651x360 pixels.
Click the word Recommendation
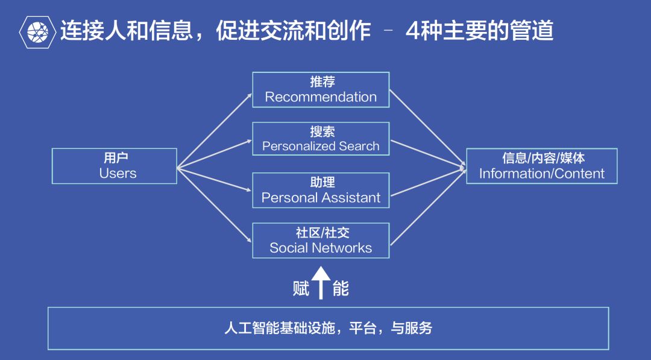pos(321,97)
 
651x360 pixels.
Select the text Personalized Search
pos(321,146)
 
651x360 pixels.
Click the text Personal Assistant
pos(321,198)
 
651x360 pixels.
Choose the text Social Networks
pos(321,248)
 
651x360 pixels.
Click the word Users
pos(118,174)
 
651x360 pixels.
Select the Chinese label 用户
pos(116,158)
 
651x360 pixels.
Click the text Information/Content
pos(541,174)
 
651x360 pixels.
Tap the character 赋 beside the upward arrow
pos(301,289)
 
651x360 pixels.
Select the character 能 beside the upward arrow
pos(341,289)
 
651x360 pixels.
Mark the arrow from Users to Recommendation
pos(214,130)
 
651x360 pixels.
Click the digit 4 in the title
pos(412,31)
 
